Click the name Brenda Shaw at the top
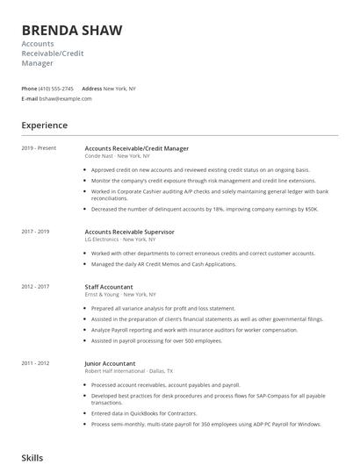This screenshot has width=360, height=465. (x=72, y=31)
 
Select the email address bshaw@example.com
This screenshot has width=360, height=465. (x=66, y=98)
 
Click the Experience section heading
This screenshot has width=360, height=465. (x=45, y=125)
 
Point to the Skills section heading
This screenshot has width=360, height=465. (x=32, y=457)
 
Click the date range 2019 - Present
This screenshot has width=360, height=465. (x=39, y=148)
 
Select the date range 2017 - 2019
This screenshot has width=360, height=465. (x=35, y=232)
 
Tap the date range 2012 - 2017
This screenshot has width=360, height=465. (x=35, y=287)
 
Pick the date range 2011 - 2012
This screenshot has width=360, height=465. (x=35, y=362)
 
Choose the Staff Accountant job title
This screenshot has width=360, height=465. (x=109, y=287)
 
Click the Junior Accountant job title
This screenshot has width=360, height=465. (x=110, y=362)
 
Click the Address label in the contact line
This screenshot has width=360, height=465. (x=91, y=89)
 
